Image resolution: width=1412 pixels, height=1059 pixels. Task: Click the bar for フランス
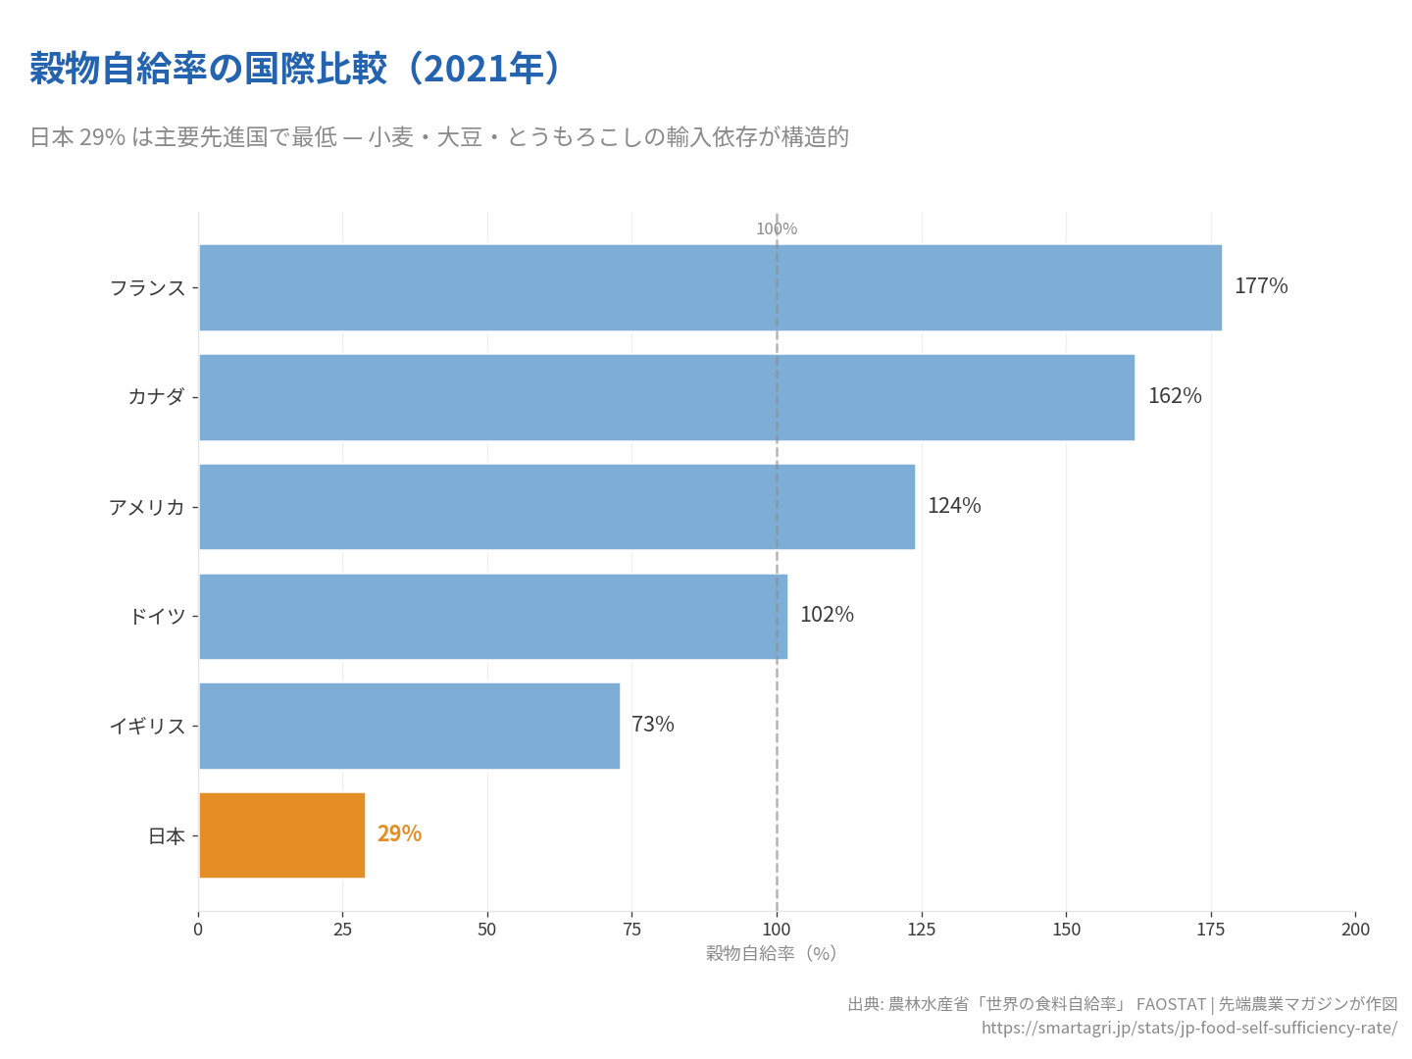[x=710, y=287]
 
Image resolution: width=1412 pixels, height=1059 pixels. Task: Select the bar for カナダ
[x=667, y=397]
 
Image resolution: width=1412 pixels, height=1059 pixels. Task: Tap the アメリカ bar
[x=557, y=507]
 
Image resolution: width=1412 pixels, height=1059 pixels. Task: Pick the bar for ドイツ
[x=493, y=616]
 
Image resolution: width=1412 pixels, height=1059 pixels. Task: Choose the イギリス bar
[x=409, y=726]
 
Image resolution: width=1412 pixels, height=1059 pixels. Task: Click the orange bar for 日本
[x=281, y=835]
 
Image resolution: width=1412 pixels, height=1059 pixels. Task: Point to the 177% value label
[x=1260, y=286]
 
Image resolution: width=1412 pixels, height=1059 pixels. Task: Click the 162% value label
[x=1174, y=396]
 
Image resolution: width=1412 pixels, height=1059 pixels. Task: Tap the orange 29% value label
[x=399, y=833]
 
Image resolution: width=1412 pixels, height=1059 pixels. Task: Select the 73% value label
[x=652, y=725]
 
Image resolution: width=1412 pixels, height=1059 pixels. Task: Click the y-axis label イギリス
[x=147, y=727]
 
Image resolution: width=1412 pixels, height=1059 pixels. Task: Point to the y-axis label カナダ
[x=156, y=397]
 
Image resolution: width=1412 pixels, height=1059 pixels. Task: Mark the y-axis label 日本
[x=167, y=836]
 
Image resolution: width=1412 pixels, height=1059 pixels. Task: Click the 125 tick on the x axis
[x=922, y=930]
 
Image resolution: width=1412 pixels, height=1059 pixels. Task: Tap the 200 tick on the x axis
[x=1355, y=930]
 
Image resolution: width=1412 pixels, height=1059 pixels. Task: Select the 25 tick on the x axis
[x=342, y=930]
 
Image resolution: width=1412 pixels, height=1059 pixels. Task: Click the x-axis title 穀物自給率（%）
[x=772, y=953]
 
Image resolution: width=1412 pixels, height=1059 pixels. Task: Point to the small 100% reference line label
[x=777, y=229]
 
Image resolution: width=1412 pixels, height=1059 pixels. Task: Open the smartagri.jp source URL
[x=1188, y=1028]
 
